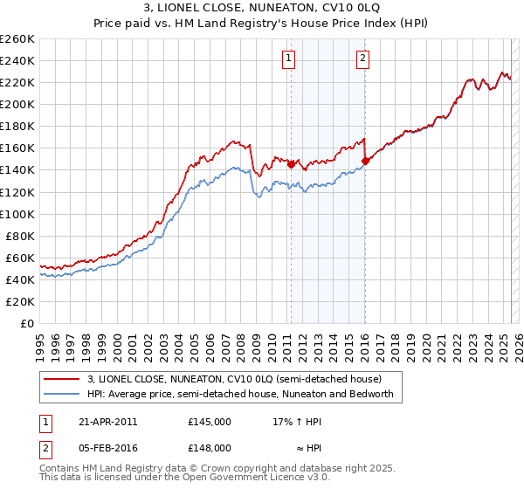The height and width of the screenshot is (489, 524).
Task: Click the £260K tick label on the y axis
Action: tap(17, 39)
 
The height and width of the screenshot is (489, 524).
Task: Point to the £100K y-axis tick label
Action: tap(17, 214)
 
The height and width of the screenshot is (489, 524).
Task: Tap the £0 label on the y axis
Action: tap(28, 323)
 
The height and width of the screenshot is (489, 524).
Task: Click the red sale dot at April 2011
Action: tap(291, 164)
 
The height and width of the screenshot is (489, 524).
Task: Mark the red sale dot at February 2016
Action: tap(365, 161)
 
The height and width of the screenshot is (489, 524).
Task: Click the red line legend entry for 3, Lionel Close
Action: tap(234, 379)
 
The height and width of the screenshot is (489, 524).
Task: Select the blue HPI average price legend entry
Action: tap(240, 394)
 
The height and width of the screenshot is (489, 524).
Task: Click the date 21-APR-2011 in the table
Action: tap(108, 422)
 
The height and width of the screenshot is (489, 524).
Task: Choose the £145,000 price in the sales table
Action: tap(210, 422)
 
